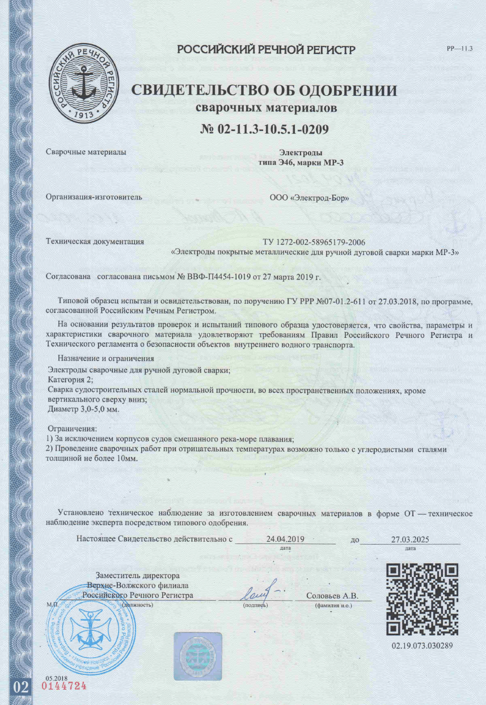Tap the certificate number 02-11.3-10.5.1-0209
click(x=265, y=129)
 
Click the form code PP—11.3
click(x=460, y=49)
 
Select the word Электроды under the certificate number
click(x=301, y=153)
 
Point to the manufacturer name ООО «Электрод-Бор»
click(x=309, y=199)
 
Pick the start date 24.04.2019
click(x=286, y=539)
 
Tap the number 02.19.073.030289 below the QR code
click(x=422, y=646)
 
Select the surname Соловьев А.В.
click(x=332, y=596)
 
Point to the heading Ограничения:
click(x=73, y=429)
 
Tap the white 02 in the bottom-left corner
click(x=21, y=687)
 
